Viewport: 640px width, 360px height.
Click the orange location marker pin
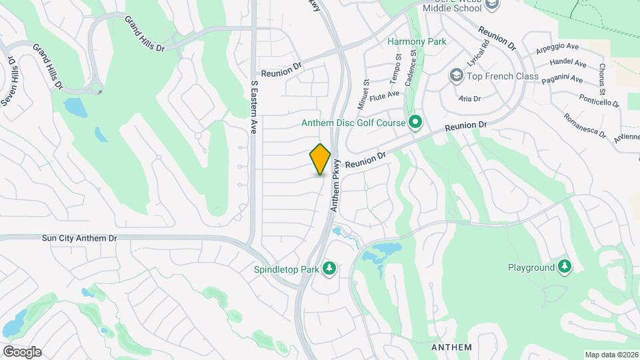coord(320,159)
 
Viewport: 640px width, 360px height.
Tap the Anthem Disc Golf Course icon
coord(415,122)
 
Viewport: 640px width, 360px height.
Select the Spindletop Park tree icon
coord(328,269)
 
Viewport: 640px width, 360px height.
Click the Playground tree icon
coord(565,267)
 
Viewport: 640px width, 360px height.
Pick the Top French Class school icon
coord(457,75)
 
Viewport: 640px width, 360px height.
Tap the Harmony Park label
coord(417,41)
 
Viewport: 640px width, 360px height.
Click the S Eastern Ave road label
coord(253,108)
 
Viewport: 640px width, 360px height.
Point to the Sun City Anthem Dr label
coord(79,237)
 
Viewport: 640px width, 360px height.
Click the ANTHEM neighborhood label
coord(451,347)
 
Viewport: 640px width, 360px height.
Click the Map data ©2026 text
coord(611,355)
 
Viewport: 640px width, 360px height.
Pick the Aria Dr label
coord(470,98)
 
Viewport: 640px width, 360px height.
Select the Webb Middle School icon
coord(492,5)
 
